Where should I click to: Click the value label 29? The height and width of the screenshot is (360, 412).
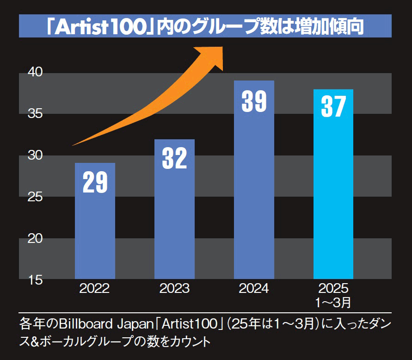95,182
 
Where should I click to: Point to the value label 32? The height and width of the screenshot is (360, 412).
174,158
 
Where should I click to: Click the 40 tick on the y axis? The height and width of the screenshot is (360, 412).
35,72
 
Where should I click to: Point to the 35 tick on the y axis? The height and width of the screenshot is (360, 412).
35,114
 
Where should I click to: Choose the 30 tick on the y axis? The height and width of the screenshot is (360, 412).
35,155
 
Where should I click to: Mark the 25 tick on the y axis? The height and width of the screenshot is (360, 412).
35,197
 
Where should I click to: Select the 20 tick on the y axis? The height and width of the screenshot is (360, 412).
35,239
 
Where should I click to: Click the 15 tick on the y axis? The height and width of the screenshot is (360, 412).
35,280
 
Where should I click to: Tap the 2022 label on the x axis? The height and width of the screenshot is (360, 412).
95,289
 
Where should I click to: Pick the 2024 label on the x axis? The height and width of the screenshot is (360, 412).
254,289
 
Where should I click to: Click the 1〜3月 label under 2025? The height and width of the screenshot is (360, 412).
333,303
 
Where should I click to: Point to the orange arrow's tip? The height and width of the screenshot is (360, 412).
222,50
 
